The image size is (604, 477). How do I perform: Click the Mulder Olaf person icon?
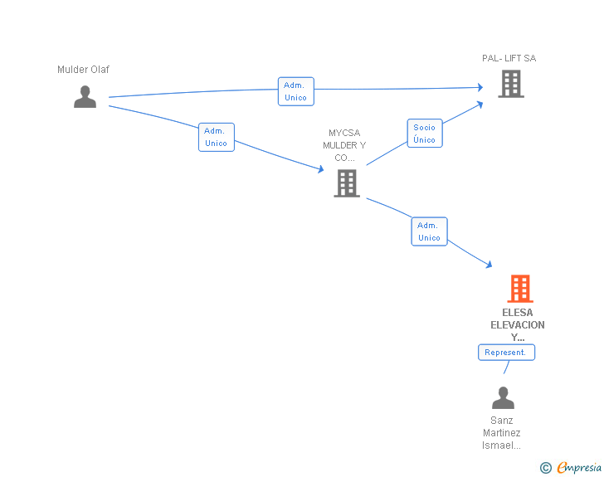pyautogui.click(x=85, y=97)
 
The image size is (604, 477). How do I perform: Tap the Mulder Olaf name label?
pyautogui.click(x=83, y=70)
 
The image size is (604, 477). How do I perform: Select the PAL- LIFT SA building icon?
pyautogui.click(x=511, y=84)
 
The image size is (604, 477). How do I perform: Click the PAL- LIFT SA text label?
pyautogui.click(x=509, y=58)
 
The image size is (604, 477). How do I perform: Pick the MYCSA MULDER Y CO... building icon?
pyautogui.click(x=347, y=183)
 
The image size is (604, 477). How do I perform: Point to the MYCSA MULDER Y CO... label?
pyautogui.click(x=344, y=145)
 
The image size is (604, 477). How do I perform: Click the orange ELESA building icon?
pyautogui.click(x=520, y=288)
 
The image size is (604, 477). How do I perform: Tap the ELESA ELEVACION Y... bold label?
pyautogui.click(x=518, y=325)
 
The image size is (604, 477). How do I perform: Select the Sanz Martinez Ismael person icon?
pyautogui.click(x=503, y=397)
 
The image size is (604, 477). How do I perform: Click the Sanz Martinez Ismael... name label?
pyautogui.click(x=501, y=433)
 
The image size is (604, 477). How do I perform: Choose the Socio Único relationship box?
pyautogui.click(x=425, y=134)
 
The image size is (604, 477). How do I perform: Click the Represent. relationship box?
pyautogui.click(x=506, y=353)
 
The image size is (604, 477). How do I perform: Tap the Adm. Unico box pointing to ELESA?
pyautogui.click(x=429, y=231)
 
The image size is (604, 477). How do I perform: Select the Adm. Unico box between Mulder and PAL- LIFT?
pyautogui.click(x=296, y=91)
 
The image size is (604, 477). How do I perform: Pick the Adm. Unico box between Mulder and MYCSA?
pyautogui.click(x=216, y=137)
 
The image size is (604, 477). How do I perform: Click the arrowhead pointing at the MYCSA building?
pyautogui.click(x=321, y=168)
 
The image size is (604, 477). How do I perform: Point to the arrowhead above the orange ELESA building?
pyautogui.click(x=490, y=265)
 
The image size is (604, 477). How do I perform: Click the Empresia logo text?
pyautogui.click(x=579, y=467)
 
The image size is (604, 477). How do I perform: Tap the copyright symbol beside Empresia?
pyautogui.click(x=545, y=468)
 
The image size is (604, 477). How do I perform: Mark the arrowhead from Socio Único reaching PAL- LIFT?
pyautogui.click(x=480, y=105)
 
